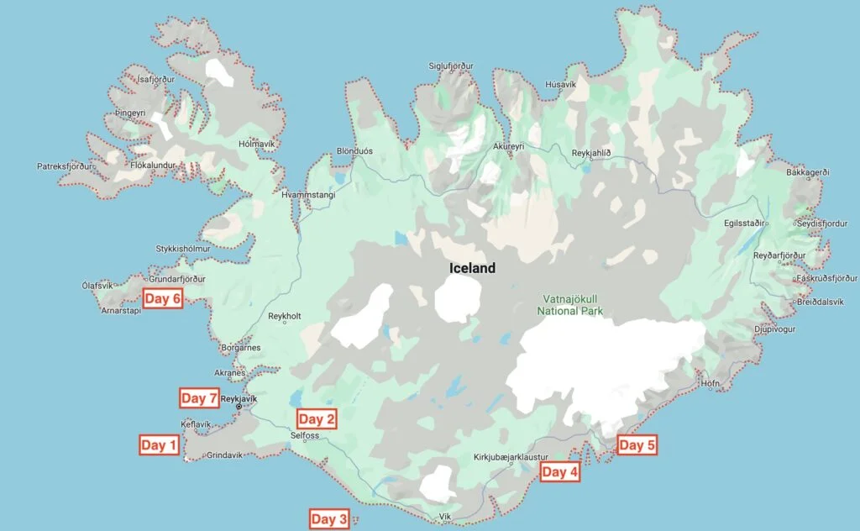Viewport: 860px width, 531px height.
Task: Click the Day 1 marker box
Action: (x=159, y=445)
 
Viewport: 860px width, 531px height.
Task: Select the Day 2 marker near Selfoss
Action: (x=317, y=418)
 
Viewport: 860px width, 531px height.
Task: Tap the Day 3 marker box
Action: (x=328, y=519)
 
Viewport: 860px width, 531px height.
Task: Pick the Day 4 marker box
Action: (x=559, y=472)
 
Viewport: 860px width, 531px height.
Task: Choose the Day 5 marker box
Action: (x=636, y=445)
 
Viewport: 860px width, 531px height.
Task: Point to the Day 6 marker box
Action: (x=163, y=298)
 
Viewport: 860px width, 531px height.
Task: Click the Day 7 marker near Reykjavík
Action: (x=199, y=398)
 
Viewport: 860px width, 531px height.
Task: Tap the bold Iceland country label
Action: (x=471, y=269)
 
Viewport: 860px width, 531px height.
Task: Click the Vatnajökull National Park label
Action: (x=570, y=304)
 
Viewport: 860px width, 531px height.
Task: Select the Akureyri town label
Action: (x=508, y=146)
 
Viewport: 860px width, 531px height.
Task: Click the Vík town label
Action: (x=446, y=517)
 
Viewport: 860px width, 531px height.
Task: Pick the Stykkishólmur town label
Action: (x=182, y=249)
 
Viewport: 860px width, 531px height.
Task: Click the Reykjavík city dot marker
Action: (x=239, y=407)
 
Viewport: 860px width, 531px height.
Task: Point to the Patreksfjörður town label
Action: (x=63, y=166)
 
